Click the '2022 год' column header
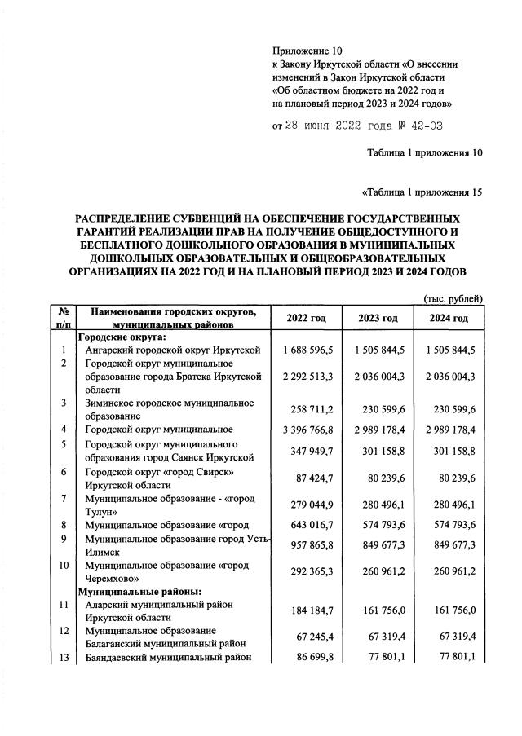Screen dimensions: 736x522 coord(308,318)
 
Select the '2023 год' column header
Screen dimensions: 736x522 coord(378,318)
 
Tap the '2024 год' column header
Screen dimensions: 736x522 coord(449,318)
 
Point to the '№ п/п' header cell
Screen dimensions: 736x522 coord(63,318)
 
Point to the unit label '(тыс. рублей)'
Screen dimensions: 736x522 coord(454,299)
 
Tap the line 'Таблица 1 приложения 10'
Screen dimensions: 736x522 coord(425,152)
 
